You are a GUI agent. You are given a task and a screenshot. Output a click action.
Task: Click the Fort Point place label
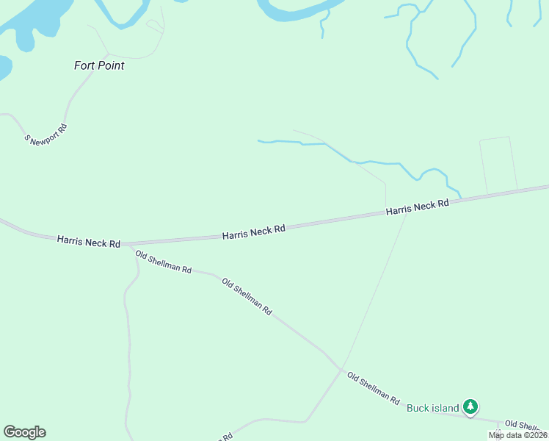[x=99, y=65]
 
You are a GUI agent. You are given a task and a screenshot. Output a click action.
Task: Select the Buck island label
[x=432, y=408]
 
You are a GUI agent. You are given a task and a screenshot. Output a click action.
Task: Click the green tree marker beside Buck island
[x=470, y=406]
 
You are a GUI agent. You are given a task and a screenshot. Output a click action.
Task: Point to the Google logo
[x=24, y=432]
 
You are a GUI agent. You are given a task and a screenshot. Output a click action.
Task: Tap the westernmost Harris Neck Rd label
[x=88, y=242]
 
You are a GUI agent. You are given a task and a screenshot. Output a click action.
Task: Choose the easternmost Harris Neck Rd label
[x=417, y=208]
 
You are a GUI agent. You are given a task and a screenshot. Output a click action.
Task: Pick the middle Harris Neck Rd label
[x=253, y=232]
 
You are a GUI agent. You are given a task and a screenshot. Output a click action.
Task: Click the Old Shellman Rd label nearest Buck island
[x=374, y=388]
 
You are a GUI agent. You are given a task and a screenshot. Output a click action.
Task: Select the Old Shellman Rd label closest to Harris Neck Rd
[x=163, y=262]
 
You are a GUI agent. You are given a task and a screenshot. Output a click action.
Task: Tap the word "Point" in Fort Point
[x=112, y=65]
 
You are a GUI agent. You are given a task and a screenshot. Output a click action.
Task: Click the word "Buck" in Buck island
[x=418, y=408]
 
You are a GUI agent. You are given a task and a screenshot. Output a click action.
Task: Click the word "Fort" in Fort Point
[x=85, y=65]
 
